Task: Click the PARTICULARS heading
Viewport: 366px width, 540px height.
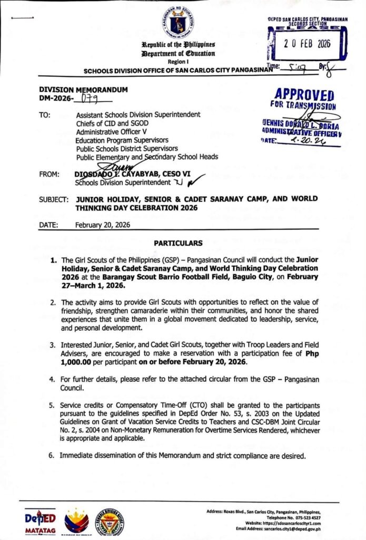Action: click(178, 243)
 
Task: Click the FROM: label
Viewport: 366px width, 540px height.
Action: click(48, 175)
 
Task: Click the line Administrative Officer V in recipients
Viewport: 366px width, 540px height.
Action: click(113, 131)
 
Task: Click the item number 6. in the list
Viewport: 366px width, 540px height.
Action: click(53, 455)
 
